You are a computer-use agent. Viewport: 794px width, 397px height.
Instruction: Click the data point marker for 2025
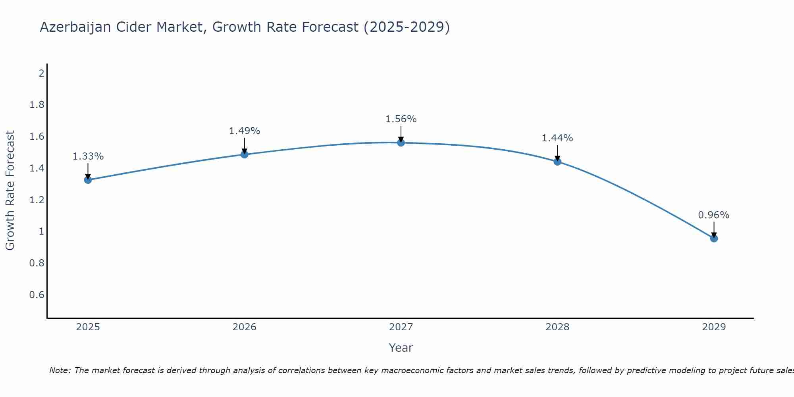[88, 180]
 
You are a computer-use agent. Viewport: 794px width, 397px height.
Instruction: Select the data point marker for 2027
[401, 143]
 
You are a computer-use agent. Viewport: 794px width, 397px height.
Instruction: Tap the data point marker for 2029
[714, 238]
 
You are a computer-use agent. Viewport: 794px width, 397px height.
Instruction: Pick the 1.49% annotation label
[245, 131]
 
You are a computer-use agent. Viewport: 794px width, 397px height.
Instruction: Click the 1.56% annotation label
[401, 119]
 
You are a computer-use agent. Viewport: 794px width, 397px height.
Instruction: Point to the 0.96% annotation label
[714, 215]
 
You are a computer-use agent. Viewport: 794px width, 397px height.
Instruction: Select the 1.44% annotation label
[557, 138]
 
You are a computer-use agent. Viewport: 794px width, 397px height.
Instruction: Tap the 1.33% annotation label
[88, 156]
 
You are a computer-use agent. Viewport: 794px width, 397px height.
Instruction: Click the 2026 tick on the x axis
[245, 327]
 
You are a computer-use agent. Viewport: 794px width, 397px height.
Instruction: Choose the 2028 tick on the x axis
[557, 327]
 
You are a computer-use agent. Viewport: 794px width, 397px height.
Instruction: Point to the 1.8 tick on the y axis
[37, 105]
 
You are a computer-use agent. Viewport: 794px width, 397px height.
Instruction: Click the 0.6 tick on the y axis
[37, 295]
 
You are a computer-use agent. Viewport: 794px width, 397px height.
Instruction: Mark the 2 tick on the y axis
[41, 73]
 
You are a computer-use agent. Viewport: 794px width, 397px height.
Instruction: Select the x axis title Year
[401, 348]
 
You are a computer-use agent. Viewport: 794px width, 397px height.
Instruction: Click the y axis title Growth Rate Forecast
[10, 191]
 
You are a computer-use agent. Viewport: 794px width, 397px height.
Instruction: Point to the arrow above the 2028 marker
[557, 153]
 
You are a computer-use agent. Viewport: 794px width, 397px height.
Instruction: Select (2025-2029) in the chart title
[407, 27]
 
